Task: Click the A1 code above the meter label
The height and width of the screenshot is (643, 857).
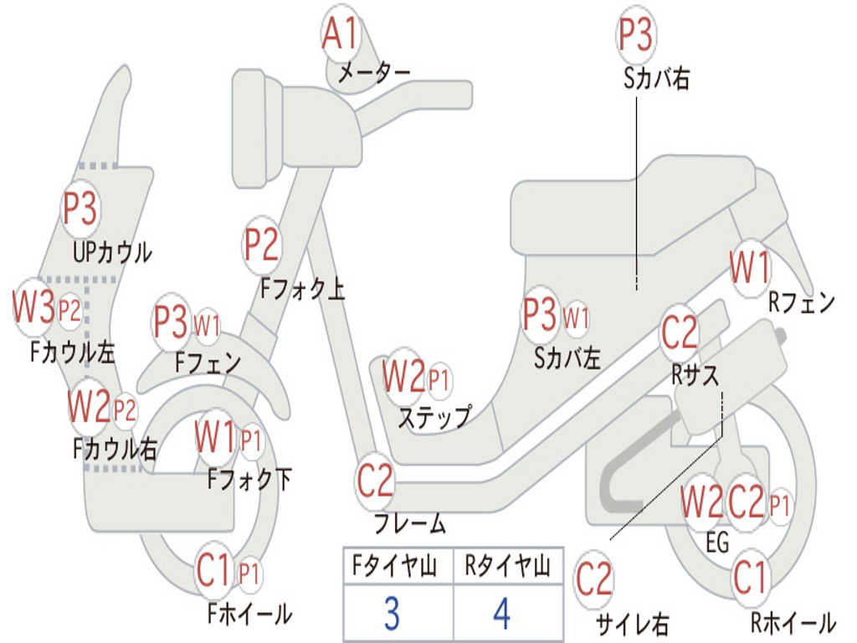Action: click(x=341, y=34)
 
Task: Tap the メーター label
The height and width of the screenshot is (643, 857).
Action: click(x=373, y=74)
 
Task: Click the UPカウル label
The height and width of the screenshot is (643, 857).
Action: click(x=112, y=251)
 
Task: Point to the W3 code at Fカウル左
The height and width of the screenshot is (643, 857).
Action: click(x=33, y=308)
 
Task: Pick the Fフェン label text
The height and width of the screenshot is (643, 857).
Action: click(x=208, y=363)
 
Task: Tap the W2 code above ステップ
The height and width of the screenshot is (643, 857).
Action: click(x=403, y=377)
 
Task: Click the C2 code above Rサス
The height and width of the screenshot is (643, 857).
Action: click(x=679, y=333)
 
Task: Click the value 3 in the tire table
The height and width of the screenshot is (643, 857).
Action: click(x=392, y=614)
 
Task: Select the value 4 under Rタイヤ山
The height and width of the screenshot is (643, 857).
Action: click(x=501, y=614)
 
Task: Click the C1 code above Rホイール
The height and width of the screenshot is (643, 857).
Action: click(x=750, y=578)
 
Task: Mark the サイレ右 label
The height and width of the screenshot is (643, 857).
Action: click(x=633, y=623)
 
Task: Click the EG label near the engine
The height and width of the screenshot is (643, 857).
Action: click(x=717, y=543)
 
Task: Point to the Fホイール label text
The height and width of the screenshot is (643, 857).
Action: click(x=249, y=615)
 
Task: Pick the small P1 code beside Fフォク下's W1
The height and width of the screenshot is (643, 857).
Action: click(x=251, y=439)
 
